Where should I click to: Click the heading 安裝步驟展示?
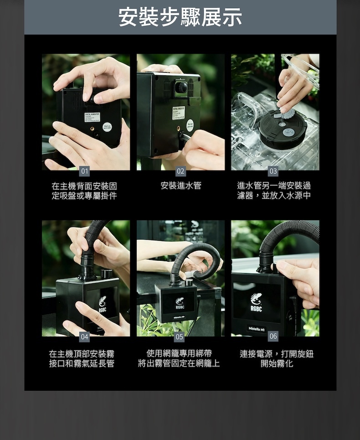180,17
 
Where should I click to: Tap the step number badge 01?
84,171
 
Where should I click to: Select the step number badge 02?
180,171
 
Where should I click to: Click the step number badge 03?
273,171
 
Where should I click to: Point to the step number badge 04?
84,337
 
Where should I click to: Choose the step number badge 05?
179,337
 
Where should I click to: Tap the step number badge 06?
273,336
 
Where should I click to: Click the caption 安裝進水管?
181,186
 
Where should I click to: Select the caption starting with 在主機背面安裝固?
84,191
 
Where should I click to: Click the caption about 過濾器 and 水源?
274,191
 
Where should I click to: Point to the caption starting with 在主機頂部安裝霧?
82,359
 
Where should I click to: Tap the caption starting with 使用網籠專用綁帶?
179,358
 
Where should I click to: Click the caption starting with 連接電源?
277,359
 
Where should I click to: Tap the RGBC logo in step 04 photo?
103,304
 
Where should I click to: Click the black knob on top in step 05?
189,282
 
